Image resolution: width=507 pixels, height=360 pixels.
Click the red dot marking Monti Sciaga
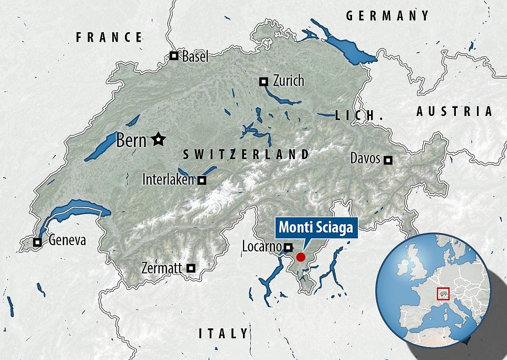(300, 257)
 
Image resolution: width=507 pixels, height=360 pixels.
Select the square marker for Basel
(173, 56)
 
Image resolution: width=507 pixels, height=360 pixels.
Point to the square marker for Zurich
(264, 81)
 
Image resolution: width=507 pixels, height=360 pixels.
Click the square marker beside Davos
(388, 159)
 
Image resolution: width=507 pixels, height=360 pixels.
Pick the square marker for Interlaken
(201, 180)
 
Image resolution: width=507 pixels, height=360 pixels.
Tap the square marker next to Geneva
(37, 242)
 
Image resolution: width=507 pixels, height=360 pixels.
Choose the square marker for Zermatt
(191, 268)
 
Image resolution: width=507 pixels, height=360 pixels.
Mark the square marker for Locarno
(288, 247)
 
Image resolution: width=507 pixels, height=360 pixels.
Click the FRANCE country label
(110, 37)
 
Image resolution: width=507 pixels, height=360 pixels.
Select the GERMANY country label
(388, 16)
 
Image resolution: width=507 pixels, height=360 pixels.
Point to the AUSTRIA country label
(454, 111)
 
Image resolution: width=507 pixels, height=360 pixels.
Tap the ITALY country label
(223, 333)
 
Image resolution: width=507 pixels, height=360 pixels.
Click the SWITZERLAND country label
(246, 154)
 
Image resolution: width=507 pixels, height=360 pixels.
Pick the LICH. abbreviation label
(358, 115)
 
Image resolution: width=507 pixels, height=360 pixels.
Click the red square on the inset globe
(443, 293)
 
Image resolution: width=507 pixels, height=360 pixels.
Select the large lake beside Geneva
(74, 211)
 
